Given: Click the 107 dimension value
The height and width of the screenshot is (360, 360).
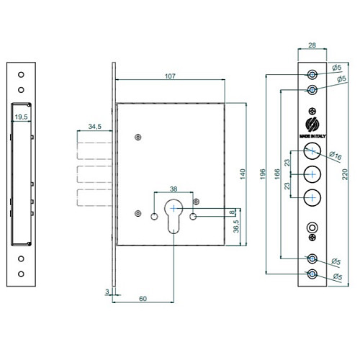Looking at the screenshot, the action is (x=170, y=76).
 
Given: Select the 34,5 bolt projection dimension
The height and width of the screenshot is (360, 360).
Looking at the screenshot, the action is (x=95, y=126).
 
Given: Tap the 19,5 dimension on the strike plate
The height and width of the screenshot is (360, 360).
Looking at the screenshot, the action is (x=21, y=117).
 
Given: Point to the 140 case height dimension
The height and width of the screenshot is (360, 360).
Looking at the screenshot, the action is (x=243, y=174).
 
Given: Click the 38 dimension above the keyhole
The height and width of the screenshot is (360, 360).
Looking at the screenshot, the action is (x=174, y=189).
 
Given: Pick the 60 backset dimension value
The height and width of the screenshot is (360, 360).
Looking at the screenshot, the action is (x=143, y=299).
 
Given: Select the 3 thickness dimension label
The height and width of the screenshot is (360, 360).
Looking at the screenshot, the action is (x=107, y=292).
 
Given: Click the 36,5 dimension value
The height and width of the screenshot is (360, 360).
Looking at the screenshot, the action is (x=236, y=226).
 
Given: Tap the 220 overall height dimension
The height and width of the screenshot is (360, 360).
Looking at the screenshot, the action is (x=345, y=174).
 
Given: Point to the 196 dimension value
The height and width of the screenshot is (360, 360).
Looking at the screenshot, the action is (x=263, y=174).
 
